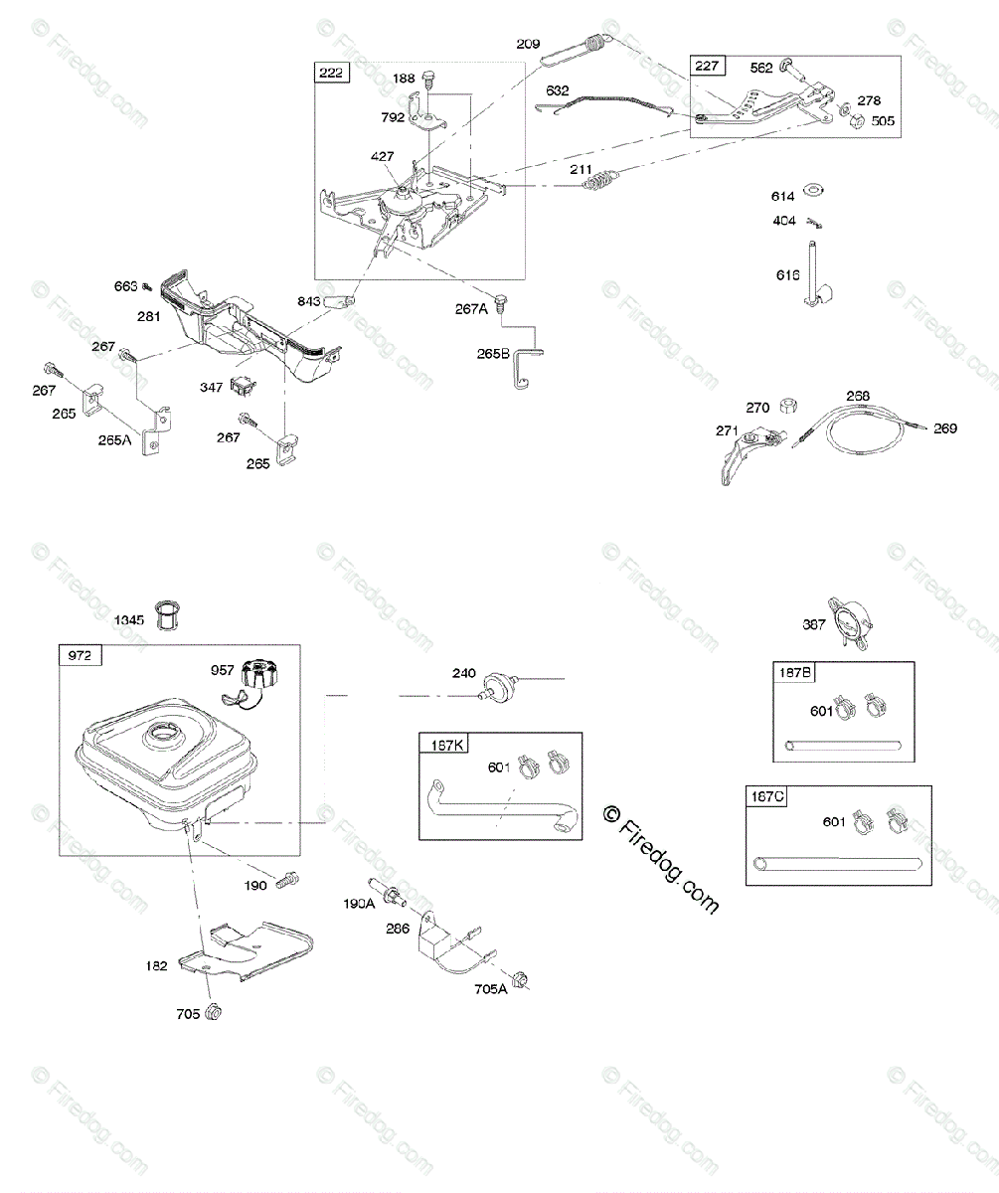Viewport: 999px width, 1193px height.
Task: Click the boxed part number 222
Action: pyautogui.click(x=331, y=72)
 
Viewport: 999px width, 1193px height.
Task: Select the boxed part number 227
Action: pyautogui.click(x=708, y=67)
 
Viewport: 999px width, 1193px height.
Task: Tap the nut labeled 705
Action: pyautogui.click(x=212, y=1013)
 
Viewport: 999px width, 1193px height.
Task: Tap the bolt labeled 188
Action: pyautogui.click(x=428, y=79)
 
